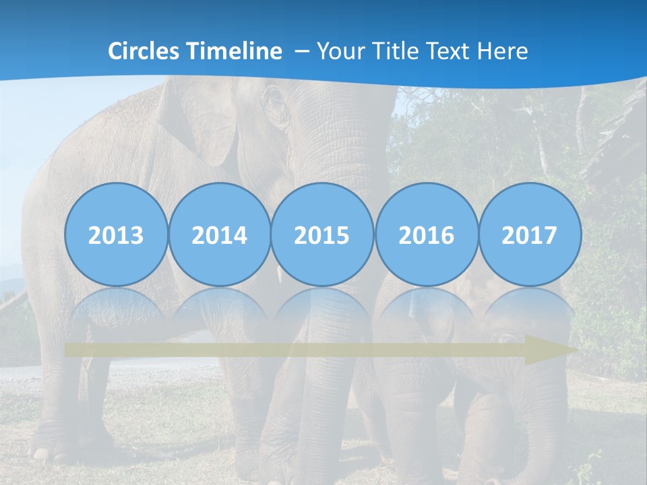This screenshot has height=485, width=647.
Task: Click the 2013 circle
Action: pyautogui.click(x=116, y=234)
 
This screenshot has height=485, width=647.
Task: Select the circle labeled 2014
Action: pyautogui.click(x=219, y=234)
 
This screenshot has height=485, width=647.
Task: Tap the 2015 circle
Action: pyautogui.click(x=322, y=234)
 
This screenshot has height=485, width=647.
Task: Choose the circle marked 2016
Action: pyautogui.click(x=426, y=234)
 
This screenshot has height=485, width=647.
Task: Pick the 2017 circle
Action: pyautogui.click(x=529, y=234)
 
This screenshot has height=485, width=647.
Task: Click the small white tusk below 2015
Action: pyautogui.click(x=277, y=273)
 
